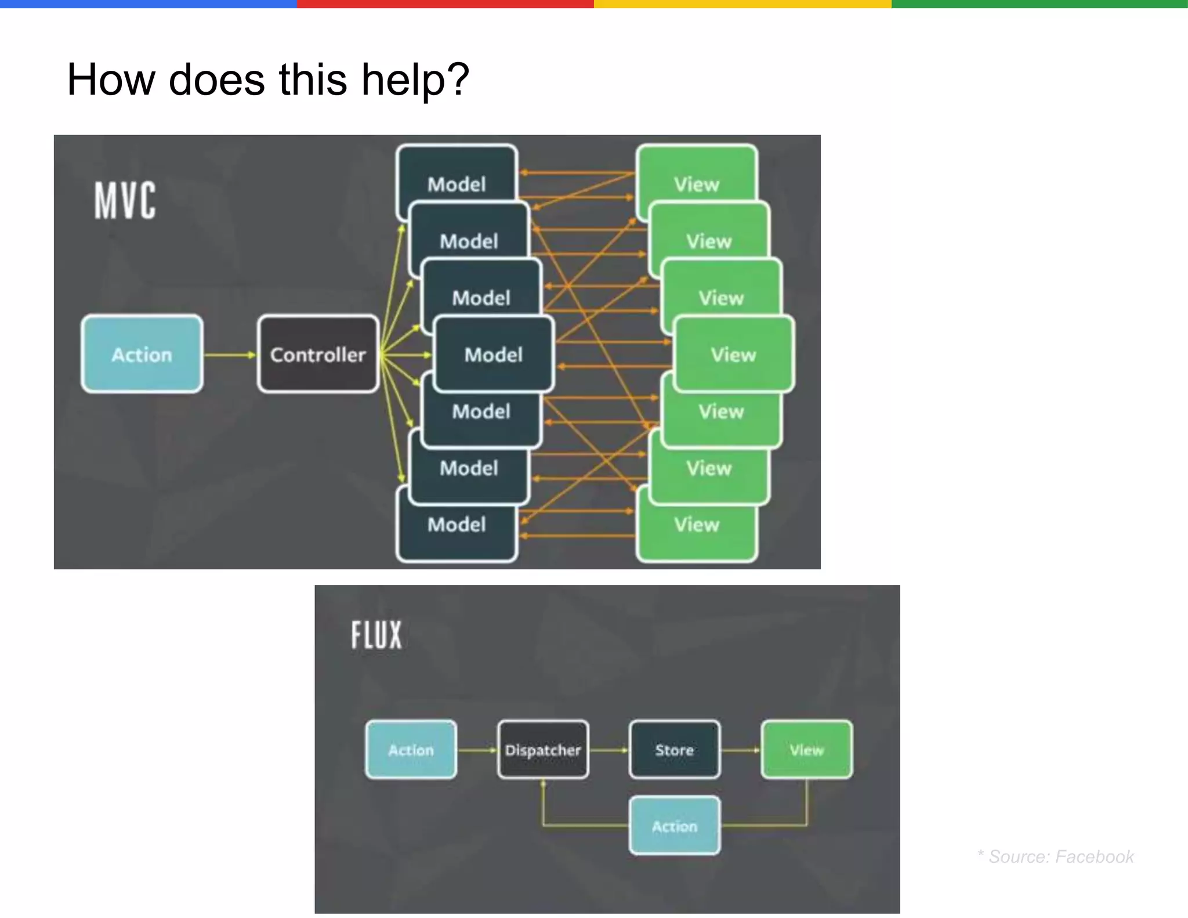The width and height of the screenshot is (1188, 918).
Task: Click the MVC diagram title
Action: (x=125, y=200)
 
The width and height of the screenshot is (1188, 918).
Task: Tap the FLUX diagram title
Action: (x=376, y=634)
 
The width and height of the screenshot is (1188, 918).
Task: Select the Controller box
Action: (x=318, y=354)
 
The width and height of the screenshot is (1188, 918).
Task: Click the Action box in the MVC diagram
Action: (x=142, y=354)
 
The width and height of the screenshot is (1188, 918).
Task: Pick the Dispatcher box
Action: (x=543, y=750)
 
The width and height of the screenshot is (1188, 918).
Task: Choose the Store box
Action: (x=675, y=750)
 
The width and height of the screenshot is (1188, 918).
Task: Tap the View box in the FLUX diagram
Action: (x=806, y=750)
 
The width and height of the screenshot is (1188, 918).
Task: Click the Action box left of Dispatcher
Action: (x=411, y=750)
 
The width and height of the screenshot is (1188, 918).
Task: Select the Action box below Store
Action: (x=675, y=826)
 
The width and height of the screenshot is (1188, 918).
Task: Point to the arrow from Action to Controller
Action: (x=230, y=355)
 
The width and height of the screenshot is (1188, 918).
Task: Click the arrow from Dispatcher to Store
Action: (x=609, y=750)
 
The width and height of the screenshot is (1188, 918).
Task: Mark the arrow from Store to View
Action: (x=740, y=750)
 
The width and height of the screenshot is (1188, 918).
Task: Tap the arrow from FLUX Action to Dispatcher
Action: (x=477, y=750)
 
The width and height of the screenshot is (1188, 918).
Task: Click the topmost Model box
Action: (x=457, y=174)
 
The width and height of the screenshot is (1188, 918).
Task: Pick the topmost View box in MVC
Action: (x=696, y=174)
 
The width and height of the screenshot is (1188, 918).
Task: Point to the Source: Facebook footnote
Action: (x=1056, y=856)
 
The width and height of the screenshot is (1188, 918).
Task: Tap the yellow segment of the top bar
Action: (x=742, y=3)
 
